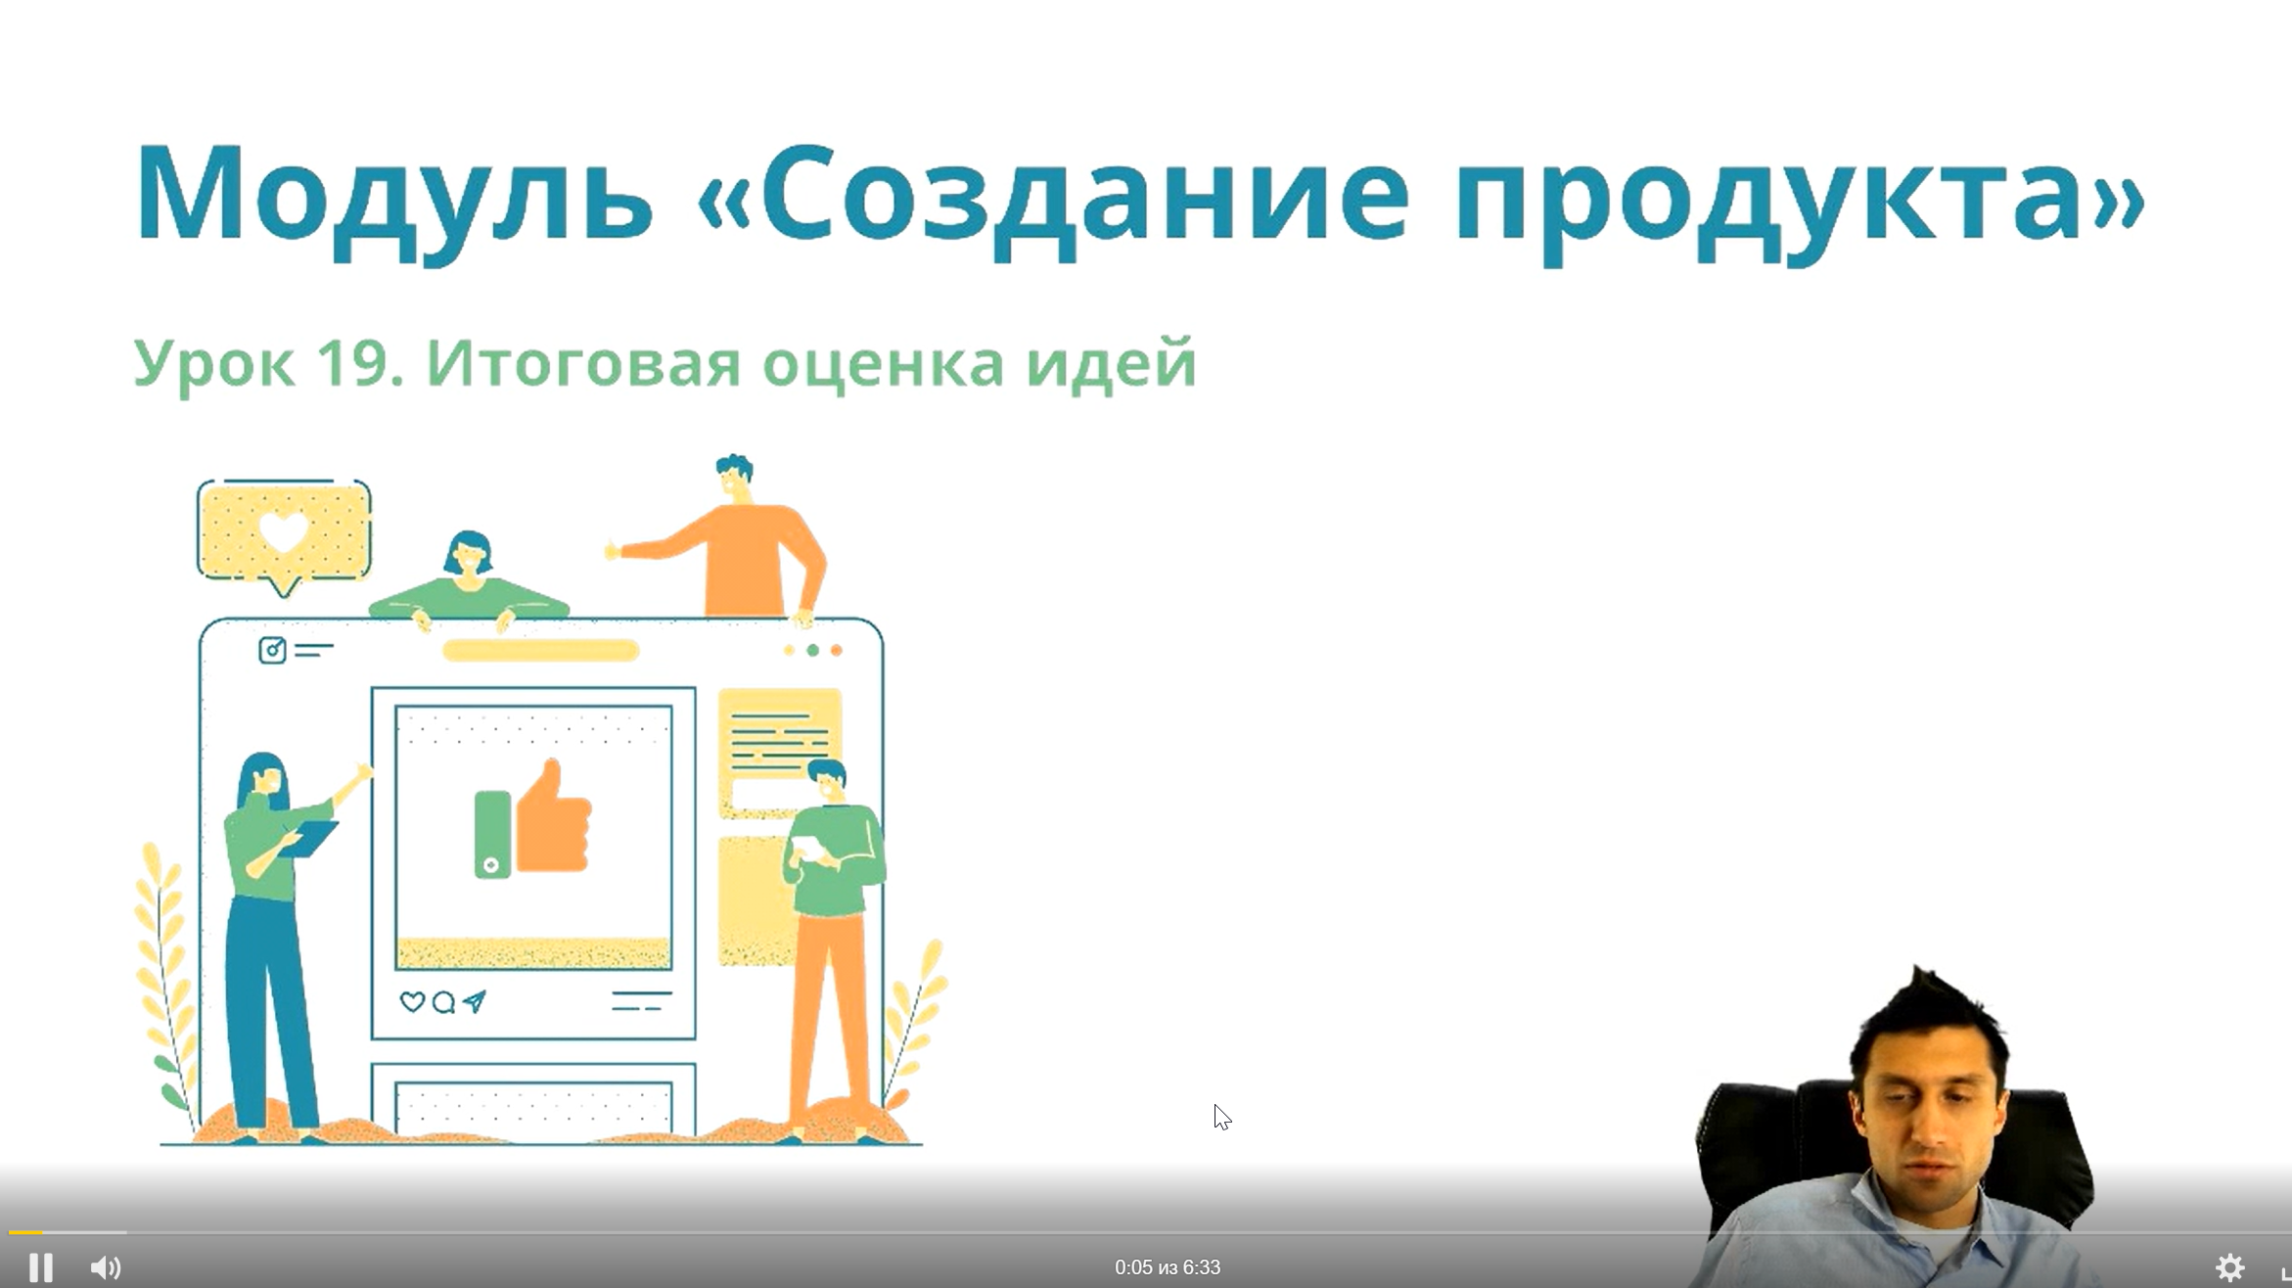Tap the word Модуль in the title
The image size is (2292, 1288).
(x=394, y=196)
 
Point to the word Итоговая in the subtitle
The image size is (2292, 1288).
(x=583, y=364)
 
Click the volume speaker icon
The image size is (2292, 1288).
(x=106, y=1267)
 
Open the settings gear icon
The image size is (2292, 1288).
(x=2229, y=1267)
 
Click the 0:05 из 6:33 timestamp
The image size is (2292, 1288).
(x=1168, y=1267)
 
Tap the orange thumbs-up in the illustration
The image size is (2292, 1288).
(x=554, y=818)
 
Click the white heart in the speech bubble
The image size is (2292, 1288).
(x=283, y=531)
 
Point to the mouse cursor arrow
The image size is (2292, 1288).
(x=1221, y=1117)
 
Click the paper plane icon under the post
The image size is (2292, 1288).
(x=475, y=1001)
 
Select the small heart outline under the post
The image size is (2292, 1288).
(x=412, y=1002)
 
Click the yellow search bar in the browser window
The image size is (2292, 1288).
(x=541, y=650)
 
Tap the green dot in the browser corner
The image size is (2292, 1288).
(x=812, y=650)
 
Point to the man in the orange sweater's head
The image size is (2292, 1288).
(x=733, y=478)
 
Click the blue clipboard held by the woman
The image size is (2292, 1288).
(x=308, y=839)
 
